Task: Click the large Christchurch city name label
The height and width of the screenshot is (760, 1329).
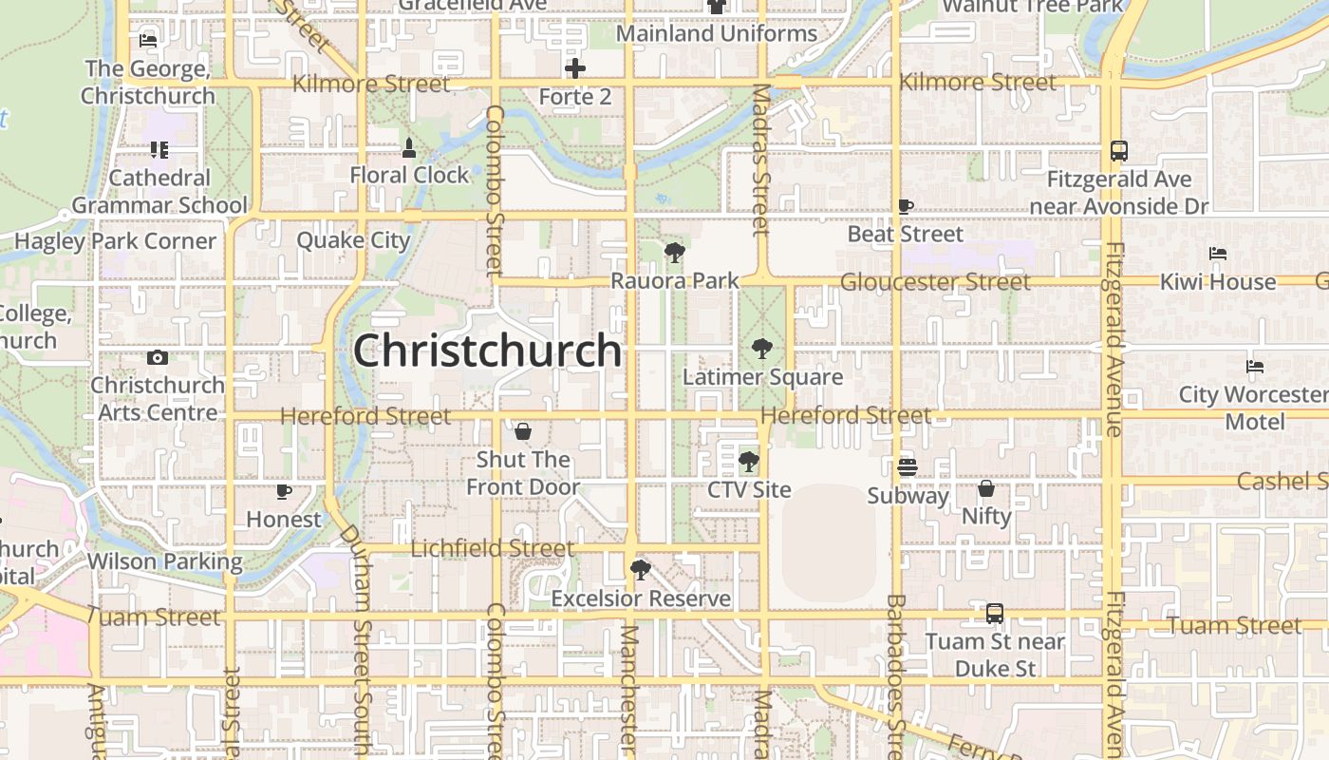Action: click(x=487, y=351)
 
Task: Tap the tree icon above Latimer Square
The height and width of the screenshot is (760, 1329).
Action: click(x=761, y=349)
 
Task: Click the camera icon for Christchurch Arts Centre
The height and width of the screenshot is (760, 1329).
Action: click(x=158, y=357)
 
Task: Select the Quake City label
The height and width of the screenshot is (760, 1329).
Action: click(x=353, y=240)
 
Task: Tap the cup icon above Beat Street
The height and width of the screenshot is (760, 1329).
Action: click(x=906, y=206)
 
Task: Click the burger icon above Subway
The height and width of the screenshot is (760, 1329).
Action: click(x=908, y=466)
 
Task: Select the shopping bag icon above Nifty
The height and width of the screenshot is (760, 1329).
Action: click(x=986, y=488)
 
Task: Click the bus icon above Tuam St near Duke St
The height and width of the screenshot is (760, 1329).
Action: click(x=994, y=614)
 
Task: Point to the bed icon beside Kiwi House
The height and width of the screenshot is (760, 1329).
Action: click(x=1218, y=254)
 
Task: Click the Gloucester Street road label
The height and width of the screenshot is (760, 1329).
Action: click(x=934, y=282)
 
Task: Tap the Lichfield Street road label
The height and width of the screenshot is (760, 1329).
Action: click(x=492, y=548)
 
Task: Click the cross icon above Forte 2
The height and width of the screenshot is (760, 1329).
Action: click(x=574, y=68)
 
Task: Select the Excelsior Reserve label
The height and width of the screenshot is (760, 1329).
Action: click(x=641, y=598)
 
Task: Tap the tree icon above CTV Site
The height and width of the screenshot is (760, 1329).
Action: click(x=749, y=462)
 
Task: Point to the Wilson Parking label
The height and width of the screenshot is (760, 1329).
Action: click(x=164, y=561)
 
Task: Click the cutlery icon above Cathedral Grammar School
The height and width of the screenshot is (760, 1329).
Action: click(x=159, y=150)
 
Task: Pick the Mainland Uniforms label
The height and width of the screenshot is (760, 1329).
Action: click(x=717, y=33)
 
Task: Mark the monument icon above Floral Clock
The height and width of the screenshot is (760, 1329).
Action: click(x=409, y=147)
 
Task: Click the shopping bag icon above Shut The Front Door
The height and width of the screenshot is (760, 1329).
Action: click(x=522, y=432)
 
